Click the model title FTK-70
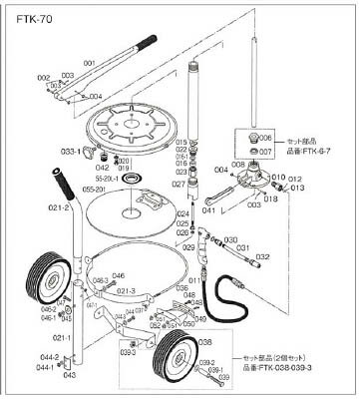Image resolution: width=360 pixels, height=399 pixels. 28,18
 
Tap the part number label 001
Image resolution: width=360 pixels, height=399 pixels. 90,63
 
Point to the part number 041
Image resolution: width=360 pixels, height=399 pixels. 210,210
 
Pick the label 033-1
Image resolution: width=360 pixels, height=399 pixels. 98,152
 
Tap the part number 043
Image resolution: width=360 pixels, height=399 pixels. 68,376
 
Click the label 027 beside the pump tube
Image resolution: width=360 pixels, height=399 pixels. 179,184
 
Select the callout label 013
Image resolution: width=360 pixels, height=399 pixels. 297,187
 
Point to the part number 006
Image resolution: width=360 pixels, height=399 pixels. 266,140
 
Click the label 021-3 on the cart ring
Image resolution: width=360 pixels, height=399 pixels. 124,290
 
